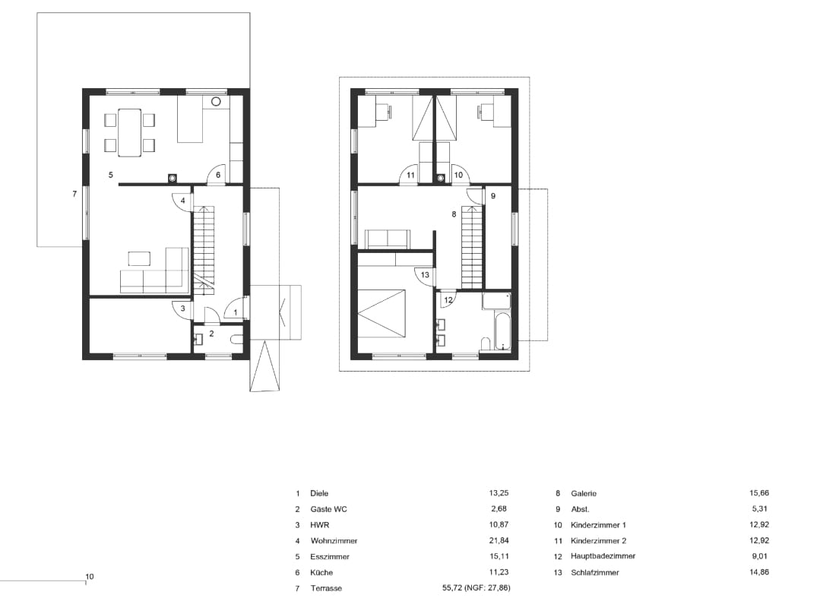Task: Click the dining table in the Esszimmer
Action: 129,132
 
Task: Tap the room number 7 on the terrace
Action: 74,194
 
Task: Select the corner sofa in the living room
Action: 154,271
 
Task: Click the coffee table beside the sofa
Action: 139,258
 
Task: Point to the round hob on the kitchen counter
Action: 217,102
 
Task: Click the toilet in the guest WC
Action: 237,339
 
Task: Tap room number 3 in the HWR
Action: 182,308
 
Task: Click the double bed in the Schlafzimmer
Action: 381,312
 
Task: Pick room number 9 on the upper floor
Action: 493,196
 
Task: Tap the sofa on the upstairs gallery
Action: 388,239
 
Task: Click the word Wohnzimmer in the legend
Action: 334,540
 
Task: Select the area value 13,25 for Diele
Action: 499,493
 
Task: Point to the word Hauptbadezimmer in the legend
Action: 603,556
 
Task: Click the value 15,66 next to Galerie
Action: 759,493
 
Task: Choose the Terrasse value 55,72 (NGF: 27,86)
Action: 476,588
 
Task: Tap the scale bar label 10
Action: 90,577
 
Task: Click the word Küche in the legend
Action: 321,572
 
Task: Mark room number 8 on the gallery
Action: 454,214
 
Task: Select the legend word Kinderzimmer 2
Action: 598,540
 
